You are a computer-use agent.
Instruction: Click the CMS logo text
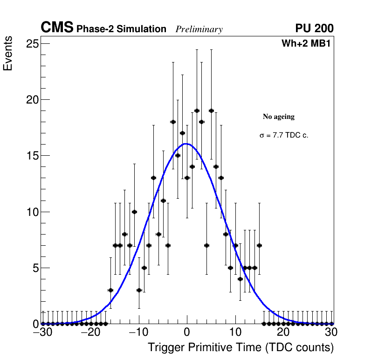[x=57, y=28]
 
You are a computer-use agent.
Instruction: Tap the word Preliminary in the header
[x=199, y=30]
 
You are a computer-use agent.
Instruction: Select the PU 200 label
[x=314, y=28]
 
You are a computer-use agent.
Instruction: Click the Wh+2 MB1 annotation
[x=306, y=44]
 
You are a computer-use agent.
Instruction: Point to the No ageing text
[x=279, y=117]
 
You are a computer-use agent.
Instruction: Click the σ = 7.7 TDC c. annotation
[x=284, y=136]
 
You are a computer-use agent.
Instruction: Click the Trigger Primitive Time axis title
[x=240, y=348]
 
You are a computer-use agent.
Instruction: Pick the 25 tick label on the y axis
[x=32, y=44]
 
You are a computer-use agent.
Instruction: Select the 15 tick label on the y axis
[x=32, y=156]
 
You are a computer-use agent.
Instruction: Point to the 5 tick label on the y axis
[x=34, y=268]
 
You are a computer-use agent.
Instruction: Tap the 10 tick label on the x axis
[x=235, y=333]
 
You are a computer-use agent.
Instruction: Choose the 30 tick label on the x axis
[x=331, y=333]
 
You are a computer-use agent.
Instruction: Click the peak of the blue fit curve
[x=186, y=144]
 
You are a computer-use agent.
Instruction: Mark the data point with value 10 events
[x=134, y=212]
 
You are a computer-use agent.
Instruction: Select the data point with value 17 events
[x=182, y=133]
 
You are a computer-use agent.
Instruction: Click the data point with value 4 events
[x=240, y=279]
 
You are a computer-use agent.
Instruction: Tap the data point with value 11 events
[x=163, y=201]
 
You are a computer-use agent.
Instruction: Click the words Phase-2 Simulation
[x=121, y=29]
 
